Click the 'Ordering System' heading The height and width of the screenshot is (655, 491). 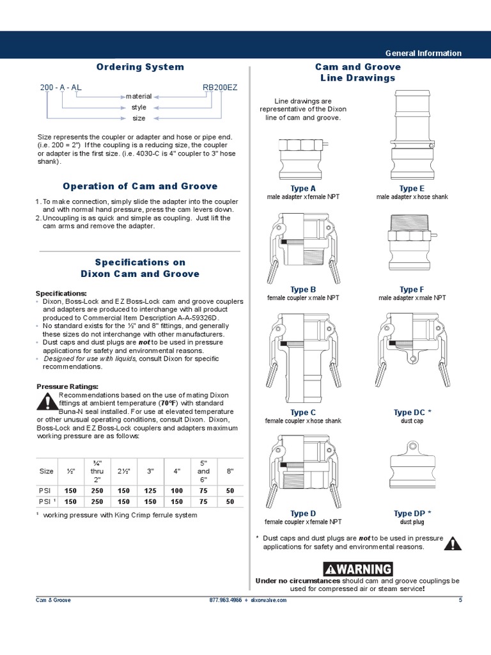tap(140, 67)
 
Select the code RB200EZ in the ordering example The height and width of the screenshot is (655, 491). tap(219, 87)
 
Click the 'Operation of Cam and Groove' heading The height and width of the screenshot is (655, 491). tap(140, 186)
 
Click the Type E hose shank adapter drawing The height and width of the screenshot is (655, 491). tap(411, 135)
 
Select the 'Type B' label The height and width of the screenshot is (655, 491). tap(303, 290)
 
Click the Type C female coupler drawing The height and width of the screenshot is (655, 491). tap(303, 358)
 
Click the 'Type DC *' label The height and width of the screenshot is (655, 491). tap(412, 413)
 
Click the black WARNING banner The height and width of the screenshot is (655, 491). tap(358, 569)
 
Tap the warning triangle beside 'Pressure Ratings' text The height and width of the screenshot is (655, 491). tap(47, 402)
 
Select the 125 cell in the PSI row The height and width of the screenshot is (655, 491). tap(151, 491)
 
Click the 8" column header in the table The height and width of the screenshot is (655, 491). tap(230, 471)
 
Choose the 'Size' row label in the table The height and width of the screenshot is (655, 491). tap(47, 471)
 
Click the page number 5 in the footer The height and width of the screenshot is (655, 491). tap(460, 600)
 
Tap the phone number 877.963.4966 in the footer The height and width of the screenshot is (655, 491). tap(225, 600)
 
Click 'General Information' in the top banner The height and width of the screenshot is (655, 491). tap(423, 53)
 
